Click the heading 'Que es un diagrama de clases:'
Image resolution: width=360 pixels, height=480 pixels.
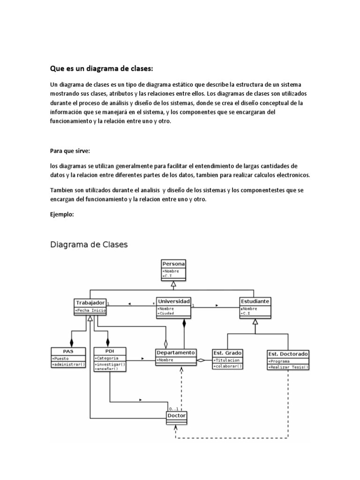(102, 69)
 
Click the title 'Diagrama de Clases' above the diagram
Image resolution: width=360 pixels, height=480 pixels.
(89, 244)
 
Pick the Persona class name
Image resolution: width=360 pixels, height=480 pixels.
(173, 264)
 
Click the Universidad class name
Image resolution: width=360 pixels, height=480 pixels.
(173, 301)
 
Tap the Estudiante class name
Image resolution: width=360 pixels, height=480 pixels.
(255, 301)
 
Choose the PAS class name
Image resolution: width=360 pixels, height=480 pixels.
(68, 351)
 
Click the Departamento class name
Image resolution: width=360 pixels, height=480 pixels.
(176, 352)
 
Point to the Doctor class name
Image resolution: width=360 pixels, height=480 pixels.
(176, 416)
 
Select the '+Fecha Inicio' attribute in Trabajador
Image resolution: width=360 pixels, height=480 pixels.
(90, 310)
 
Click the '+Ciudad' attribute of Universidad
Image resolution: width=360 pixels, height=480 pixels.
(166, 314)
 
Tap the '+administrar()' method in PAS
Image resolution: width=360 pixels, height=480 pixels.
(68, 364)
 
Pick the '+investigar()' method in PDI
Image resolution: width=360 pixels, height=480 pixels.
(110, 364)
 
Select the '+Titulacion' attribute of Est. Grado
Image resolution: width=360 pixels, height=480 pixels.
(227, 360)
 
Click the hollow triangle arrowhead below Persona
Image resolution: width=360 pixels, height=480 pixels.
(173, 285)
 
